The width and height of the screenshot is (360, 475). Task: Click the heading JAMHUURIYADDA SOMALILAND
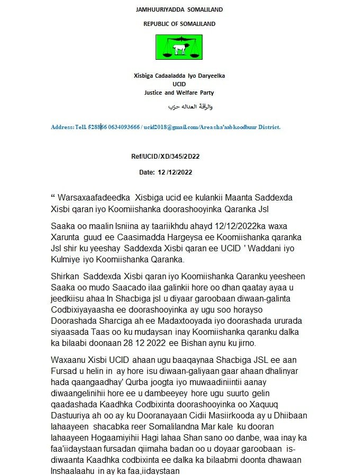pos(179,10)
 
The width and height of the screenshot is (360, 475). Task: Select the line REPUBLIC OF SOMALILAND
pos(179,24)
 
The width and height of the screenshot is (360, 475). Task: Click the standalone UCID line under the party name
pos(179,84)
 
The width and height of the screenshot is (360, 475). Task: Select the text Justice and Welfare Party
pos(179,93)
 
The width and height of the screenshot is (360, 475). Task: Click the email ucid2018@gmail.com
pos(168,127)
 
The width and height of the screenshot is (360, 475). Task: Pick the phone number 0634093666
pos(123,127)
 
